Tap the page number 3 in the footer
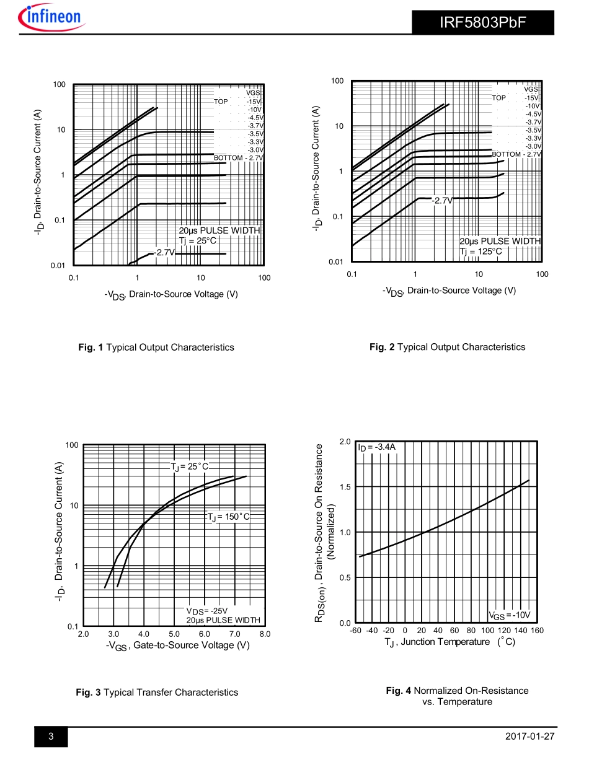[51, 736]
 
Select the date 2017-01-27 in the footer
[530, 736]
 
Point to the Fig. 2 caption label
[382, 347]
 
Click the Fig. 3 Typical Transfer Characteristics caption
[157, 692]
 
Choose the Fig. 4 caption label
[399, 690]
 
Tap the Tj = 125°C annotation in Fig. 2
[480, 252]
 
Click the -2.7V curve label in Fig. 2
[443, 201]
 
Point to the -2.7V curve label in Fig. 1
[164, 253]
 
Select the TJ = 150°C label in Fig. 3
[228, 517]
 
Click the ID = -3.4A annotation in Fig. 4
[376, 447]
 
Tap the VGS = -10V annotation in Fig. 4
[510, 615]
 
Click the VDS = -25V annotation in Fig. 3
[207, 611]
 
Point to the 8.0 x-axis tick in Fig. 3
[265, 634]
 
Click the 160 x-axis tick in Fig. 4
[537, 631]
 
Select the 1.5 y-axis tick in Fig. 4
[345, 487]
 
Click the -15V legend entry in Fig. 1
[254, 102]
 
